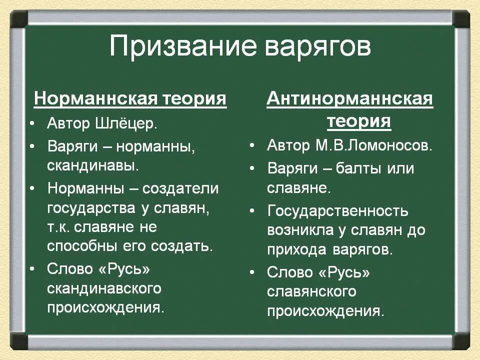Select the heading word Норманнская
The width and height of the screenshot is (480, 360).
point(95,99)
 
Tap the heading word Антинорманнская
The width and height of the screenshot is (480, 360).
point(350,99)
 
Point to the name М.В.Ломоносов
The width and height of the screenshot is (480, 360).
point(373,145)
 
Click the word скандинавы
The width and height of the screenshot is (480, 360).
point(92,165)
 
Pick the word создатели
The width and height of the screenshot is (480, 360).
point(180,188)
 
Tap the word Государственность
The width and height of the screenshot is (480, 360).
point(338,211)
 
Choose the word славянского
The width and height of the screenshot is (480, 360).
point(311,291)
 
